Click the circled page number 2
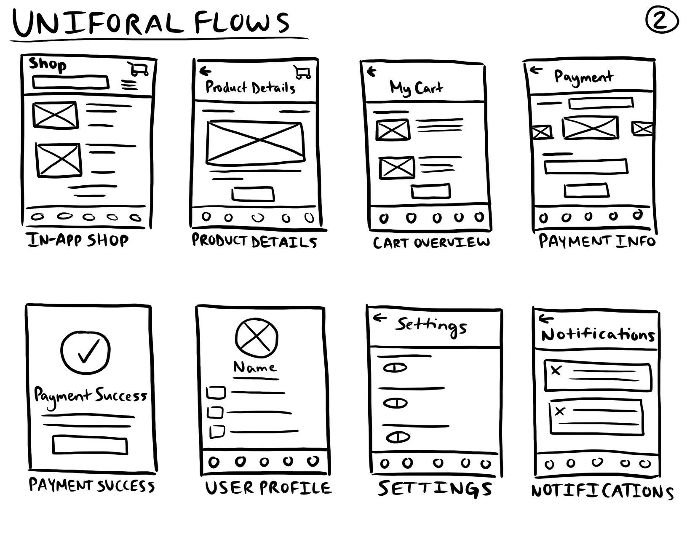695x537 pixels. [661, 21]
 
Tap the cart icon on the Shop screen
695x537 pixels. [139, 69]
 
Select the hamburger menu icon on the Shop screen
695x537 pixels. [129, 85]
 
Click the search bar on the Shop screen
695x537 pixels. [70, 82]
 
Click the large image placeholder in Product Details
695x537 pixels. [255, 143]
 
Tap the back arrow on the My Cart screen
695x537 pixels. [371, 72]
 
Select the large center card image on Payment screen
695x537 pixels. [591, 127]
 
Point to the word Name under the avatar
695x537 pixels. [255, 368]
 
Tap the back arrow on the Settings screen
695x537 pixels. [380, 318]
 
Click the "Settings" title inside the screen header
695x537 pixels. [431, 326]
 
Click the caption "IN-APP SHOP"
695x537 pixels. [78, 240]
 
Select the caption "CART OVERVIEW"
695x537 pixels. [431, 243]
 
